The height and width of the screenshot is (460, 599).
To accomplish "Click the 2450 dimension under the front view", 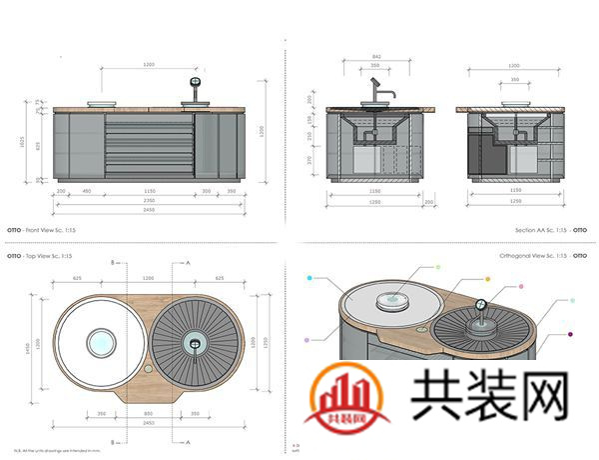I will tap(149, 210).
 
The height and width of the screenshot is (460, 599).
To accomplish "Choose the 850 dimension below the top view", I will tap(151, 412).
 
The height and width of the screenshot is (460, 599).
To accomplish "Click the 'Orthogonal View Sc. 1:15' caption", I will tap(534, 256).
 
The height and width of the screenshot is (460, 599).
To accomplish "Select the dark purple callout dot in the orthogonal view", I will tap(569, 335).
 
